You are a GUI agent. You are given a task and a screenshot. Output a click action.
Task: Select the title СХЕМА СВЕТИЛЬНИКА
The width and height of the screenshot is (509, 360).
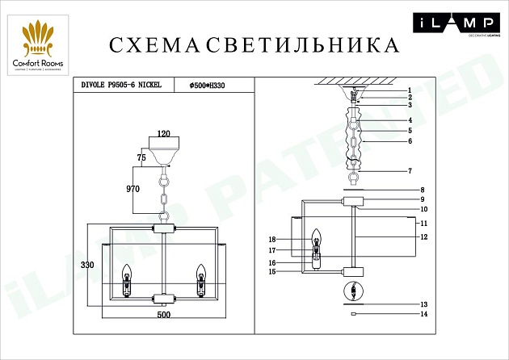coord(254,45)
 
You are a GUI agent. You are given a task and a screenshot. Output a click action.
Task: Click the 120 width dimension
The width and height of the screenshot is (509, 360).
coord(166,134)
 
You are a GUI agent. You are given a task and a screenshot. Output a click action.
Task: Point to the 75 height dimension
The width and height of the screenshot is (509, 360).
coord(141,158)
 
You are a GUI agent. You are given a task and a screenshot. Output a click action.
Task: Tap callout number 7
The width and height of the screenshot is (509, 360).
coord(410,171)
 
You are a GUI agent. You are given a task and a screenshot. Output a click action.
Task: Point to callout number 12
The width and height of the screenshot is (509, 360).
coord(422,237)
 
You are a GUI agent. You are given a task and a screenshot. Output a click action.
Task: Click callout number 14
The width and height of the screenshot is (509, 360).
coord(422,314)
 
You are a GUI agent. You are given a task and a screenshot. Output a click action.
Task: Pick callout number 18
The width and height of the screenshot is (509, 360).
coord(272,240)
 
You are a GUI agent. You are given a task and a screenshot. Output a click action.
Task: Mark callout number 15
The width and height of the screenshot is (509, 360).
coord(272,272)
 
